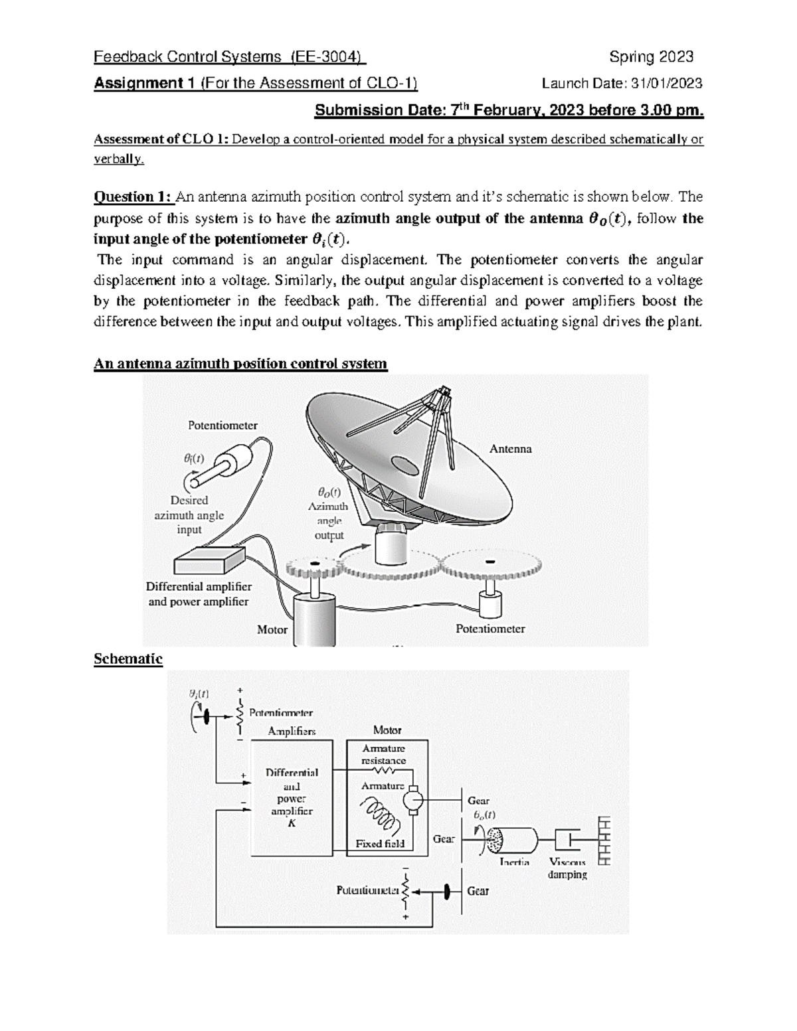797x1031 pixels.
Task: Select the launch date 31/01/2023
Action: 665,84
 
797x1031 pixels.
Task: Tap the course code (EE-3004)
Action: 328,57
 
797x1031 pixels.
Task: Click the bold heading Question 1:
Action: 133,197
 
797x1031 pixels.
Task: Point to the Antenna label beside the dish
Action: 510,449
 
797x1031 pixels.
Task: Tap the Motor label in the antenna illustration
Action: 272,629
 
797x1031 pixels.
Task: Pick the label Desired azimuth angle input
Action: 189,515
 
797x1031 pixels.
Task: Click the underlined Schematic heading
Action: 128,659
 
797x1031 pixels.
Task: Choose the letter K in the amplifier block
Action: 291,823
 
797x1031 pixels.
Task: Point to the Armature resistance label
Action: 383,755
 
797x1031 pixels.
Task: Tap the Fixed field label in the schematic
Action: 379,844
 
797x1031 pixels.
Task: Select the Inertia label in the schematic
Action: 515,862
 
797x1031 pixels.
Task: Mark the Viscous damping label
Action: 567,868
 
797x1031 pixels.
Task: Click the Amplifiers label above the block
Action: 292,731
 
